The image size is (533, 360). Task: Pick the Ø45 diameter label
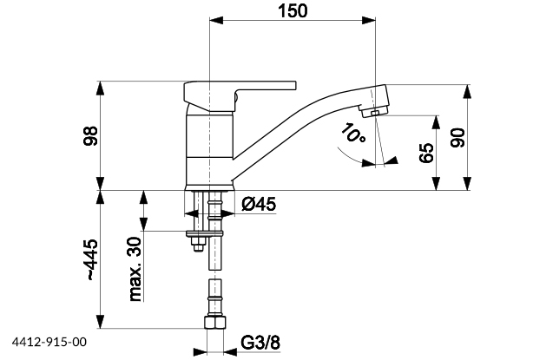258,205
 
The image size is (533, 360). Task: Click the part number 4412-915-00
50,344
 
